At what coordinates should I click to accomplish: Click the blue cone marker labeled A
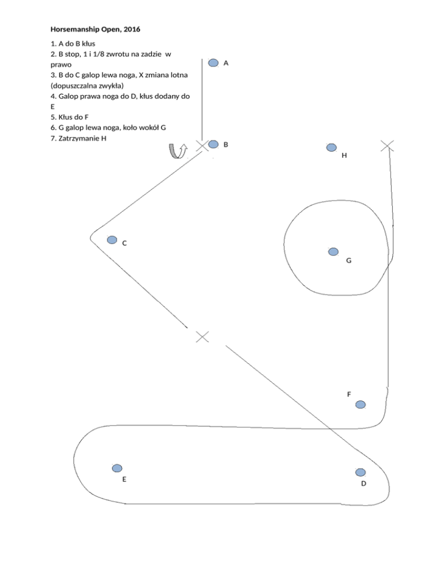coord(213,63)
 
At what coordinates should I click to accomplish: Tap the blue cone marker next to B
coord(213,144)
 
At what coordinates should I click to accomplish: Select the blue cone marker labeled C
coord(112,239)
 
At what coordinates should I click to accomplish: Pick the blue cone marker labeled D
coord(361,472)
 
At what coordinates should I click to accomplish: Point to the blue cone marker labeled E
coord(117,468)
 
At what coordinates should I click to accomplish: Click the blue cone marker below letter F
coord(361,405)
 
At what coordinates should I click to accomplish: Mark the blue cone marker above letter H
coord(331,148)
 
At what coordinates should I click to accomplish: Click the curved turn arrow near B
coord(176,150)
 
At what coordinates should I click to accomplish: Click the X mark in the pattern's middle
coord(202,337)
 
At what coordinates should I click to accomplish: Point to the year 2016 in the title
coord(131,28)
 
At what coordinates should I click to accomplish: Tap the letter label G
coord(349,261)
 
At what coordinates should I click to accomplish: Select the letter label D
coord(363,483)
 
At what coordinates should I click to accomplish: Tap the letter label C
coord(125,243)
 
